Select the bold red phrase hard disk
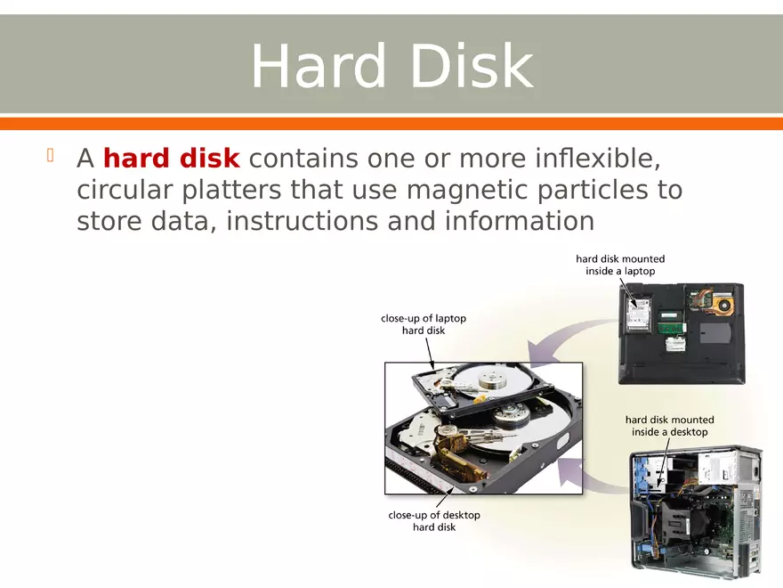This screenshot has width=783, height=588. [x=172, y=159]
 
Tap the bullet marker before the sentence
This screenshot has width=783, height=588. [x=51, y=157]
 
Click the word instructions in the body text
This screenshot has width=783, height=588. [x=303, y=221]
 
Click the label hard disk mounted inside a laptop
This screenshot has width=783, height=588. [x=620, y=265]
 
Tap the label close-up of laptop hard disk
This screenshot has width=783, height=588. [x=424, y=324]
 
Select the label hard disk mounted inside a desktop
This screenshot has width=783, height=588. [x=670, y=426]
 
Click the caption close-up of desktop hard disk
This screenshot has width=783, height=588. [x=434, y=521]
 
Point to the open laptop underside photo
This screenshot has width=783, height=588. [x=682, y=331]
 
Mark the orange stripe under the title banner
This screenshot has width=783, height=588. [x=391, y=123]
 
